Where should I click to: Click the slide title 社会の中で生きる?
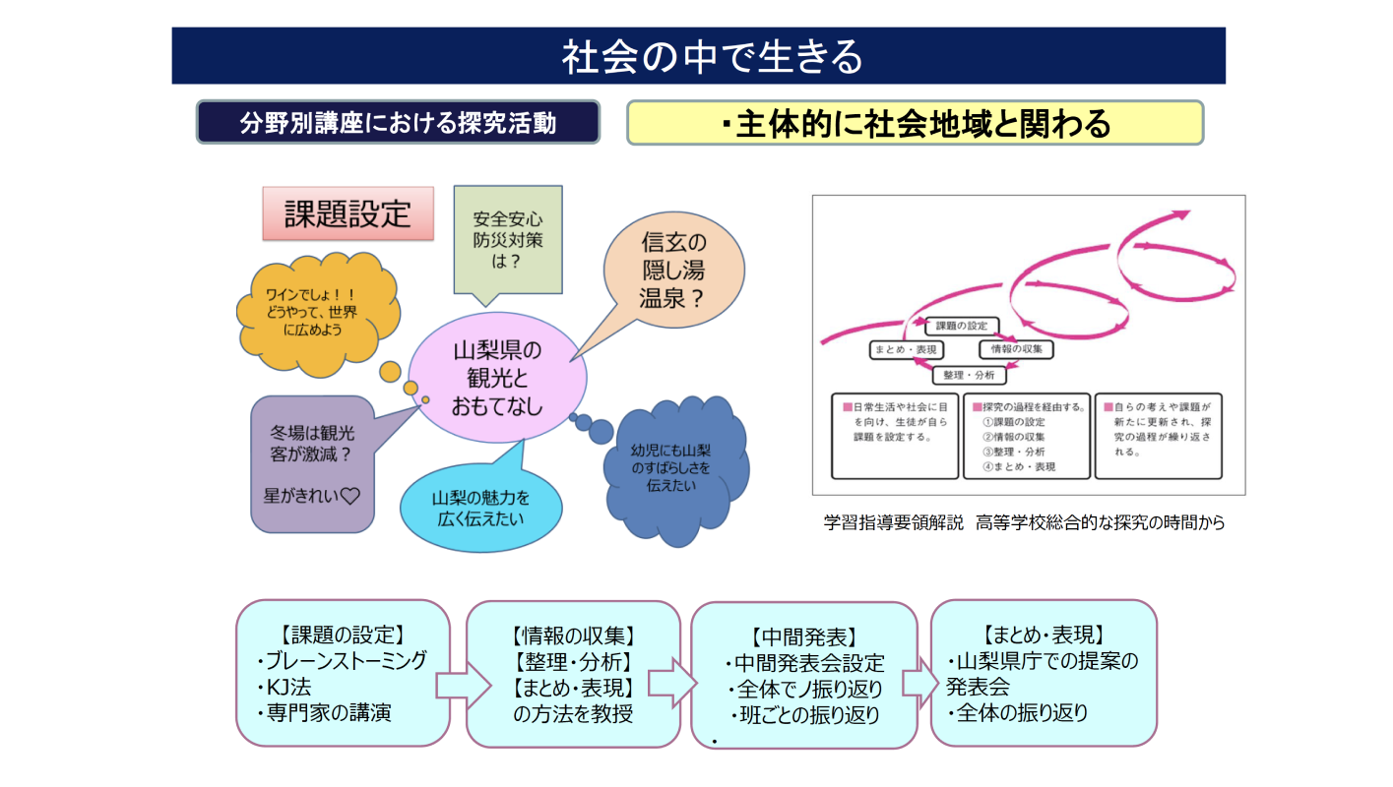click(x=698, y=56)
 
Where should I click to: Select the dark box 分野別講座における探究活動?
click(x=398, y=123)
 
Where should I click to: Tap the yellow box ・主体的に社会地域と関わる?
click(x=915, y=123)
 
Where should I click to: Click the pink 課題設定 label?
click(x=348, y=213)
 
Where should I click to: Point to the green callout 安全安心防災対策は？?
click(x=507, y=239)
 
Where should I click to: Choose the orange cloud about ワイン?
click(x=311, y=313)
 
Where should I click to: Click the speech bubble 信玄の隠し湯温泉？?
click(x=673, y=271)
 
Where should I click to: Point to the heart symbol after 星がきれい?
click(x=348, y=497)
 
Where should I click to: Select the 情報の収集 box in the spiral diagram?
click(x=1016, y=349)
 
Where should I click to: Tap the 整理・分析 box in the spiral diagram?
click(x=969, y=375)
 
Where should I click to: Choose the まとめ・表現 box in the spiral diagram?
click(x=907, y=349)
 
